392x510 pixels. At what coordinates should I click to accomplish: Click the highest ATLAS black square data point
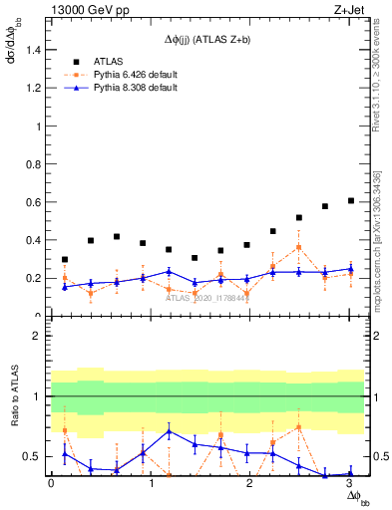tap(350, 200)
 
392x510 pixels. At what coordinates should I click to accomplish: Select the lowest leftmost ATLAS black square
tap(65, 260)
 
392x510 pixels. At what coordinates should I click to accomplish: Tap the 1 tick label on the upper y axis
tap(38, 127)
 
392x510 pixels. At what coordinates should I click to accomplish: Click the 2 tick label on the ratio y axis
tap(38, 336)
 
